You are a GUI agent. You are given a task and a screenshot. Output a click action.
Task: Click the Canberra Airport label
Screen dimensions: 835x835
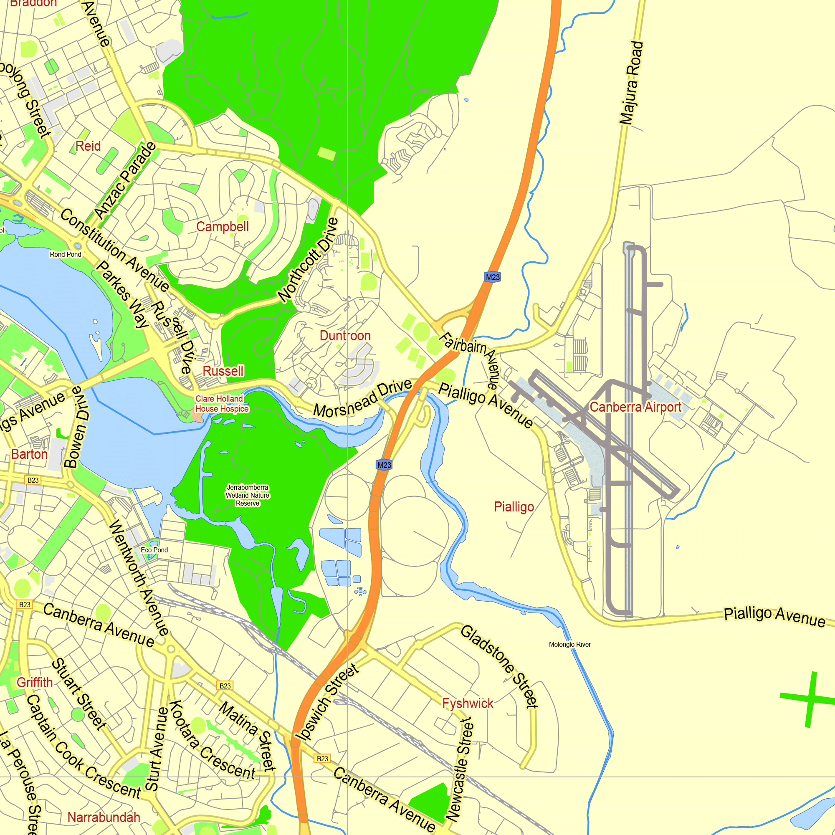coord(635,407)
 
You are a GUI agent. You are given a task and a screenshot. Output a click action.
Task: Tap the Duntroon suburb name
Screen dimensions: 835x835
coord(345,335)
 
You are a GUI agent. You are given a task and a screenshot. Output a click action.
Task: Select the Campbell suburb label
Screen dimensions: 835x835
coord(223,226)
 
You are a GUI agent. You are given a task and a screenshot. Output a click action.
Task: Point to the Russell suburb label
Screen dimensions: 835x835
coord(223,371)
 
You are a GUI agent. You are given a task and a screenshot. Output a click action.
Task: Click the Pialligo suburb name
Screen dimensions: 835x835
coord(514,506)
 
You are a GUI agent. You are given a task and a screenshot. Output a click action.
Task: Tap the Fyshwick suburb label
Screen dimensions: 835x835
coord(468,703)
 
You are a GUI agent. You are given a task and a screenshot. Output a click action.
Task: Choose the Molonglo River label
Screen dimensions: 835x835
coord(569,644)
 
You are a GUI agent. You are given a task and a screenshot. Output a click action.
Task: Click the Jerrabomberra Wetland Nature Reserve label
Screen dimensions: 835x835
coord(248,495)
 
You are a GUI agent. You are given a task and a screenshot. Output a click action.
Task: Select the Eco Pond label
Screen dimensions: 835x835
coord(154,550)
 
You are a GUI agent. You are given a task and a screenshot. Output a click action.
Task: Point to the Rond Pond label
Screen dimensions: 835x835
coord(65,255)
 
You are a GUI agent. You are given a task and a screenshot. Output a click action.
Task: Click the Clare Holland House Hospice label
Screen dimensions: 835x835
coord(222,404)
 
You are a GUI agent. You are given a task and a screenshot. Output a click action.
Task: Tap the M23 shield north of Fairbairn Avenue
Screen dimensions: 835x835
coord(493,277)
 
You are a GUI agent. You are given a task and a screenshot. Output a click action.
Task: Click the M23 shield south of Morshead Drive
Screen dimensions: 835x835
coord(384,465)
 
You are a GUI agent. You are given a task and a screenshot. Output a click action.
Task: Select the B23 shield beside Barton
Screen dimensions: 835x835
coord(33,480)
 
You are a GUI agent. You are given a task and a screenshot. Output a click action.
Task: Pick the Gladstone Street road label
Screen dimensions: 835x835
coord(499,666)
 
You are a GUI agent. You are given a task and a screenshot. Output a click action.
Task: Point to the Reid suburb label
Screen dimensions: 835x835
coord(88,146)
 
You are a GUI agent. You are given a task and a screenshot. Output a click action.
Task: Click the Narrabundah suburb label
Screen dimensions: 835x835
coord(104,817)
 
